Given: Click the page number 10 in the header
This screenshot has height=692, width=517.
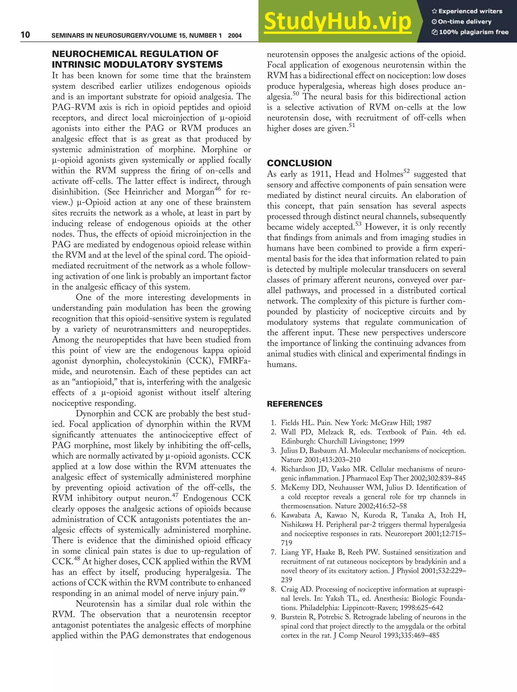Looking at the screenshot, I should coord(25,35).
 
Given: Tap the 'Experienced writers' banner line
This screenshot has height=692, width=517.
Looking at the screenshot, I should coord(467,11).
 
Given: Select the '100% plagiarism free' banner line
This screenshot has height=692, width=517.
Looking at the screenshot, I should coord(470,32).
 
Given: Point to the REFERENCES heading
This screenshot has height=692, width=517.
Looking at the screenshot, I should coord(294,404).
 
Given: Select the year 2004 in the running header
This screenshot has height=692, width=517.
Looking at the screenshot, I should coord(235,36).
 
